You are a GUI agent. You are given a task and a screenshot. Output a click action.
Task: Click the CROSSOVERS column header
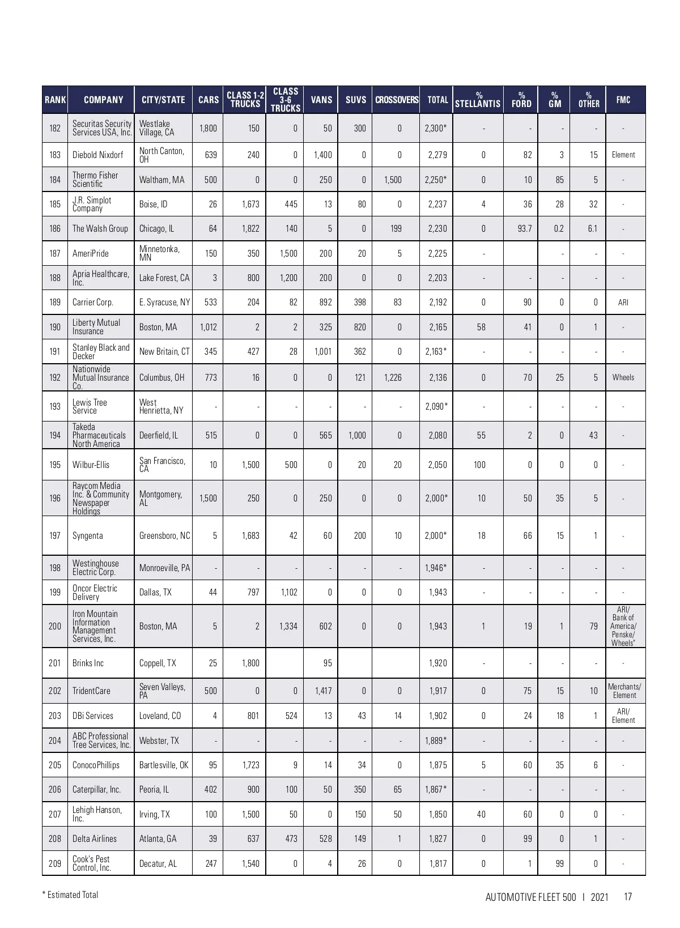(x=396, y=100)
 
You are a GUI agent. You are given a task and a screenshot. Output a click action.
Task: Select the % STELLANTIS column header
(x=478, y=100)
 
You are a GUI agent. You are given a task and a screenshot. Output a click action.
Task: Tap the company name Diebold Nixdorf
(x=97, y=155)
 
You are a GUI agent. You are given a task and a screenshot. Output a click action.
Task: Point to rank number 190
(x=55, y=327)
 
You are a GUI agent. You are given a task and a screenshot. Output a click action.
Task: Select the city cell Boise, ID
(x=154, y=204)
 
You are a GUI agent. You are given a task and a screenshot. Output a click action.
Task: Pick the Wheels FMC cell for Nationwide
(x=623, y=377)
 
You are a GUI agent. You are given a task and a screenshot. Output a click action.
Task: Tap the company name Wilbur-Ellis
(x=91, y=465)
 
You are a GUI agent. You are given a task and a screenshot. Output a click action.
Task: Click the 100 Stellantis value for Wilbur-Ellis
(x=479, y=465)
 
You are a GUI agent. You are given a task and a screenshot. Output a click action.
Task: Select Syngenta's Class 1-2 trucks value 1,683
(x=250, y=535)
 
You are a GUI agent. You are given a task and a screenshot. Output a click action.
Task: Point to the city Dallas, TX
(x=155, y=592)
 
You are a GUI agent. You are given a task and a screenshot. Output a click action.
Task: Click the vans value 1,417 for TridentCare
(x=323, y=691)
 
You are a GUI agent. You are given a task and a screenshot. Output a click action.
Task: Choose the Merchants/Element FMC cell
(x=624, y=691)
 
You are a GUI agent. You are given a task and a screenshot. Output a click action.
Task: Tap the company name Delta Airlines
(x=95, y=838)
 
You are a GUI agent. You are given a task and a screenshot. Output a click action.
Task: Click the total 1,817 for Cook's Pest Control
(x=437, y=863)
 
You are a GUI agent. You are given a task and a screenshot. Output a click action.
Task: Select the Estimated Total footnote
(x=70, y=895)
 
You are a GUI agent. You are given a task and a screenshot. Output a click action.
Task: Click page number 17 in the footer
(x=627, y=897)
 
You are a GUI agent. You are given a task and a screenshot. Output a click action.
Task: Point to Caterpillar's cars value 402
(x=210, y=789)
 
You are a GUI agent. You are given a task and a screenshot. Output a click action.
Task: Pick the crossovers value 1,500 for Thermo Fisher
(x=393, y=180)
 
